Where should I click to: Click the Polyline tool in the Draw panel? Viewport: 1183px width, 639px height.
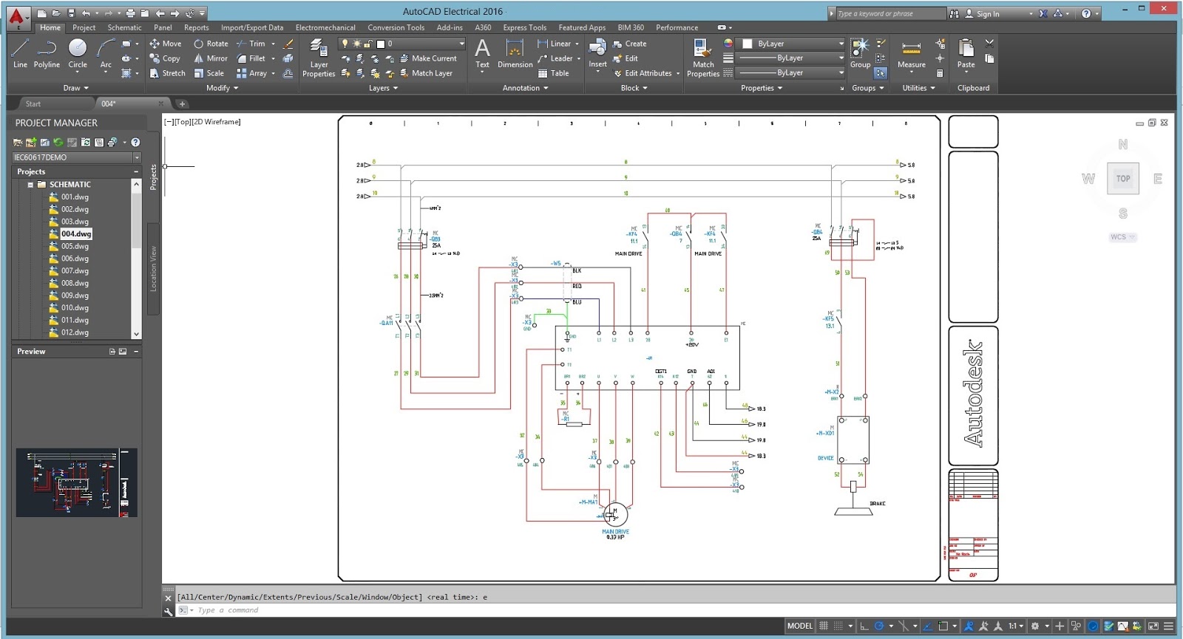[47, 52]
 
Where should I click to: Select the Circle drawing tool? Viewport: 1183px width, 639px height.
[78, 52]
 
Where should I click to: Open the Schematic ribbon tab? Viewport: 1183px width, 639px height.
[124, 27]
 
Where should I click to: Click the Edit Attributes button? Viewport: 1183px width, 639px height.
[643, 73]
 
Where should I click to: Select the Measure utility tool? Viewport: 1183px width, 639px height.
[911, 52]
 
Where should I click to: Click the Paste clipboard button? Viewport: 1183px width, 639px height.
[966, 52]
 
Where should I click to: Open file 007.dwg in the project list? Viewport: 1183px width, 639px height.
[75, 271]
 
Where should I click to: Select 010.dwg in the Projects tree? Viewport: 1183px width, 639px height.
[75, 308]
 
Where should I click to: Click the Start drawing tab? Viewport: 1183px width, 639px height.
[33, 104]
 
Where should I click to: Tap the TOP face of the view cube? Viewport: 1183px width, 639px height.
[1122, 179]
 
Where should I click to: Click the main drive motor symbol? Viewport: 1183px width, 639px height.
[615, 513]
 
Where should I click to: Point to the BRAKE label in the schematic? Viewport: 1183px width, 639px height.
[877, 504]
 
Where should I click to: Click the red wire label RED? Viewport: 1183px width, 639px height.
[577, 286]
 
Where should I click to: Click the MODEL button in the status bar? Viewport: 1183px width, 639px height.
[799, 626]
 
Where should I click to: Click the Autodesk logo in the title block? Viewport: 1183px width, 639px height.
[973, 393]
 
